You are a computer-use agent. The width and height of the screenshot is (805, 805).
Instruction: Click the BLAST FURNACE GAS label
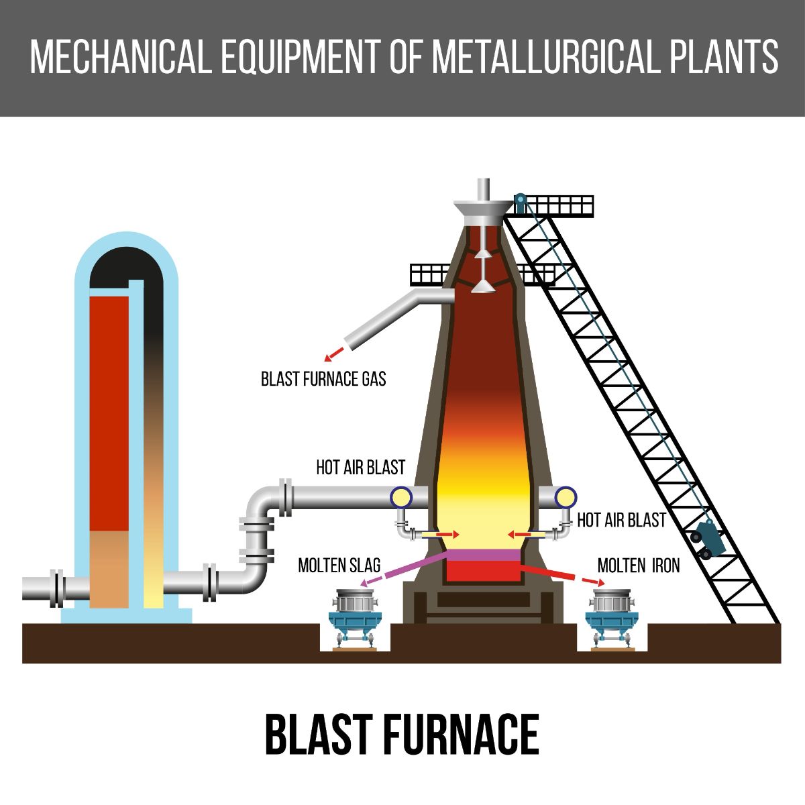pyautogui.click(x=323, y=379)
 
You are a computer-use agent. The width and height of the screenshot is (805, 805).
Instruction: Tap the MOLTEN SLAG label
pyautogui.click(x=339, y=566)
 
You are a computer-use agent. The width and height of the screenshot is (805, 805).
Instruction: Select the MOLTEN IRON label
pyautogui.click(x=639, y=566)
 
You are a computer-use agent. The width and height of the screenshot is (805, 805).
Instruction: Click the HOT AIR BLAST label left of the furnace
pyautogui.click(x=360, y=468)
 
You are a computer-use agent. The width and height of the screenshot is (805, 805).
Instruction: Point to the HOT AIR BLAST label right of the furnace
pyautogui.click(x=621, y=521)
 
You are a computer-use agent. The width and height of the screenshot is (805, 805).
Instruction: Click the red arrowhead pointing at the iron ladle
pyautogui.click(x=600, y=582)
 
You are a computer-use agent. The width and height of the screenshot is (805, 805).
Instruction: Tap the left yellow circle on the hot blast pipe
pyautogui.click(x=401, y=498)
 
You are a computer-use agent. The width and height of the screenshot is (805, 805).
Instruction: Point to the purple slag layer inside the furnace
pyautogui.click(x=483, y=555)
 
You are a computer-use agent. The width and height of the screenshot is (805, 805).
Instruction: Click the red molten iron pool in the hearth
pyautogui.click(x=483, y=571)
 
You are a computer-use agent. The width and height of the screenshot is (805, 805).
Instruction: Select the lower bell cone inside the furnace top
pyautogui.click(x=483, y=286)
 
